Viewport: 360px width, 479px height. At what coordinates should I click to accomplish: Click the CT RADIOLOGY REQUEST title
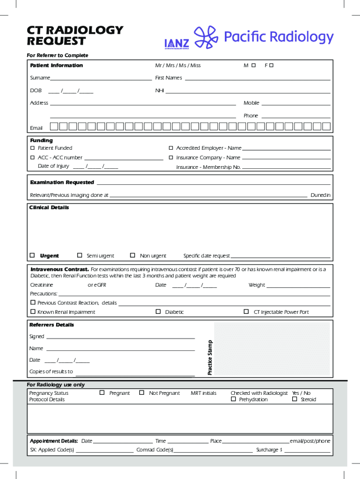75,36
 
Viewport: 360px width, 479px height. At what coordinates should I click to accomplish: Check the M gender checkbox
253,65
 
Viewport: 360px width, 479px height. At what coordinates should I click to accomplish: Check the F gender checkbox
271,65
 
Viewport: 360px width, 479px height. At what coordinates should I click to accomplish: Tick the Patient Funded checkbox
33,148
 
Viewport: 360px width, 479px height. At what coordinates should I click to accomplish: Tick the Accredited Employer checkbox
171,148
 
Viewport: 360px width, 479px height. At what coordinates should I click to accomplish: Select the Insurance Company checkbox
171,158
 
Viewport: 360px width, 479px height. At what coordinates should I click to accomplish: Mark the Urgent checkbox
32,255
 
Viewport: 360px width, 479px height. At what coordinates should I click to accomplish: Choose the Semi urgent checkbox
79,255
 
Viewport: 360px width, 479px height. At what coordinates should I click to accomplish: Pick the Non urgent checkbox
133,255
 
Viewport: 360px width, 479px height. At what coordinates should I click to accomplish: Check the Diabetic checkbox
158,312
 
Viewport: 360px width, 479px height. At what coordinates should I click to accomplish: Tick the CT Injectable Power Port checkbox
246,312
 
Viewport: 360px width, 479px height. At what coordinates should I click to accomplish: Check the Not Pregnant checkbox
142,393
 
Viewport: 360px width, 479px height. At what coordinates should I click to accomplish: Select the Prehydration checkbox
233,399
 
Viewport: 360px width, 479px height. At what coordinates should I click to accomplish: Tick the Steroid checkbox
295,399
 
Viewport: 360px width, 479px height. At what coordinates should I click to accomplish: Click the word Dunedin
320,195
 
